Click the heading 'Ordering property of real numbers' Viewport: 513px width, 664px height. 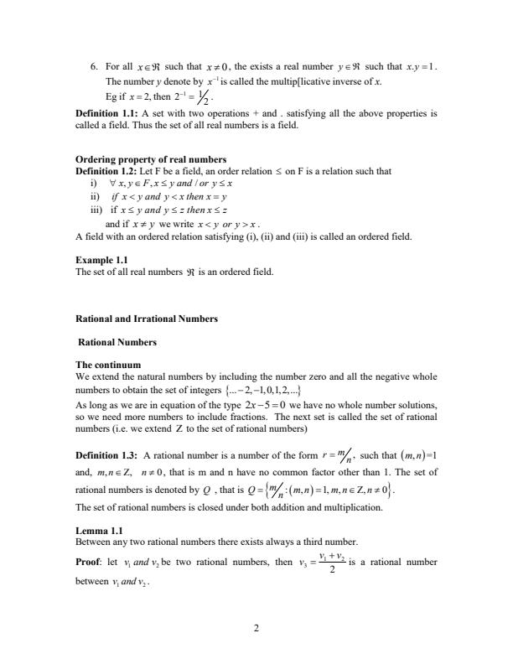tap(147, 160)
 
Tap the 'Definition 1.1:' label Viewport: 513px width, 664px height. tap(107, 112)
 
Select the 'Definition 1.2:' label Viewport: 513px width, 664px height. tap(107, 170)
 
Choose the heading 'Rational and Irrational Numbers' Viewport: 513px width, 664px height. tap(147, 319)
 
